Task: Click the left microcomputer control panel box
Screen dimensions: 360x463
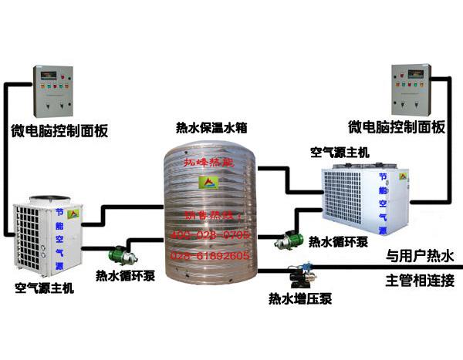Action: click(x=52, y=91)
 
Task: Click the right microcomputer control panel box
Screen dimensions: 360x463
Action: click(x=411, y=89)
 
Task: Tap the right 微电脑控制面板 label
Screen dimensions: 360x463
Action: click(x=397, y=127)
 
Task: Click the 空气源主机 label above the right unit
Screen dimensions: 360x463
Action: click(x=340, y=153)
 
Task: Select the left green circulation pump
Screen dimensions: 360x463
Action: click(x=119, y=253)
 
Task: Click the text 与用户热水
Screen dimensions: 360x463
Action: click(x=421, y=255)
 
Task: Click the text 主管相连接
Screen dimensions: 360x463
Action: click(x=421, y=280)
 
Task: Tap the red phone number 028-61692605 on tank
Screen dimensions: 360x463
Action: click(x=210, y=254)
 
